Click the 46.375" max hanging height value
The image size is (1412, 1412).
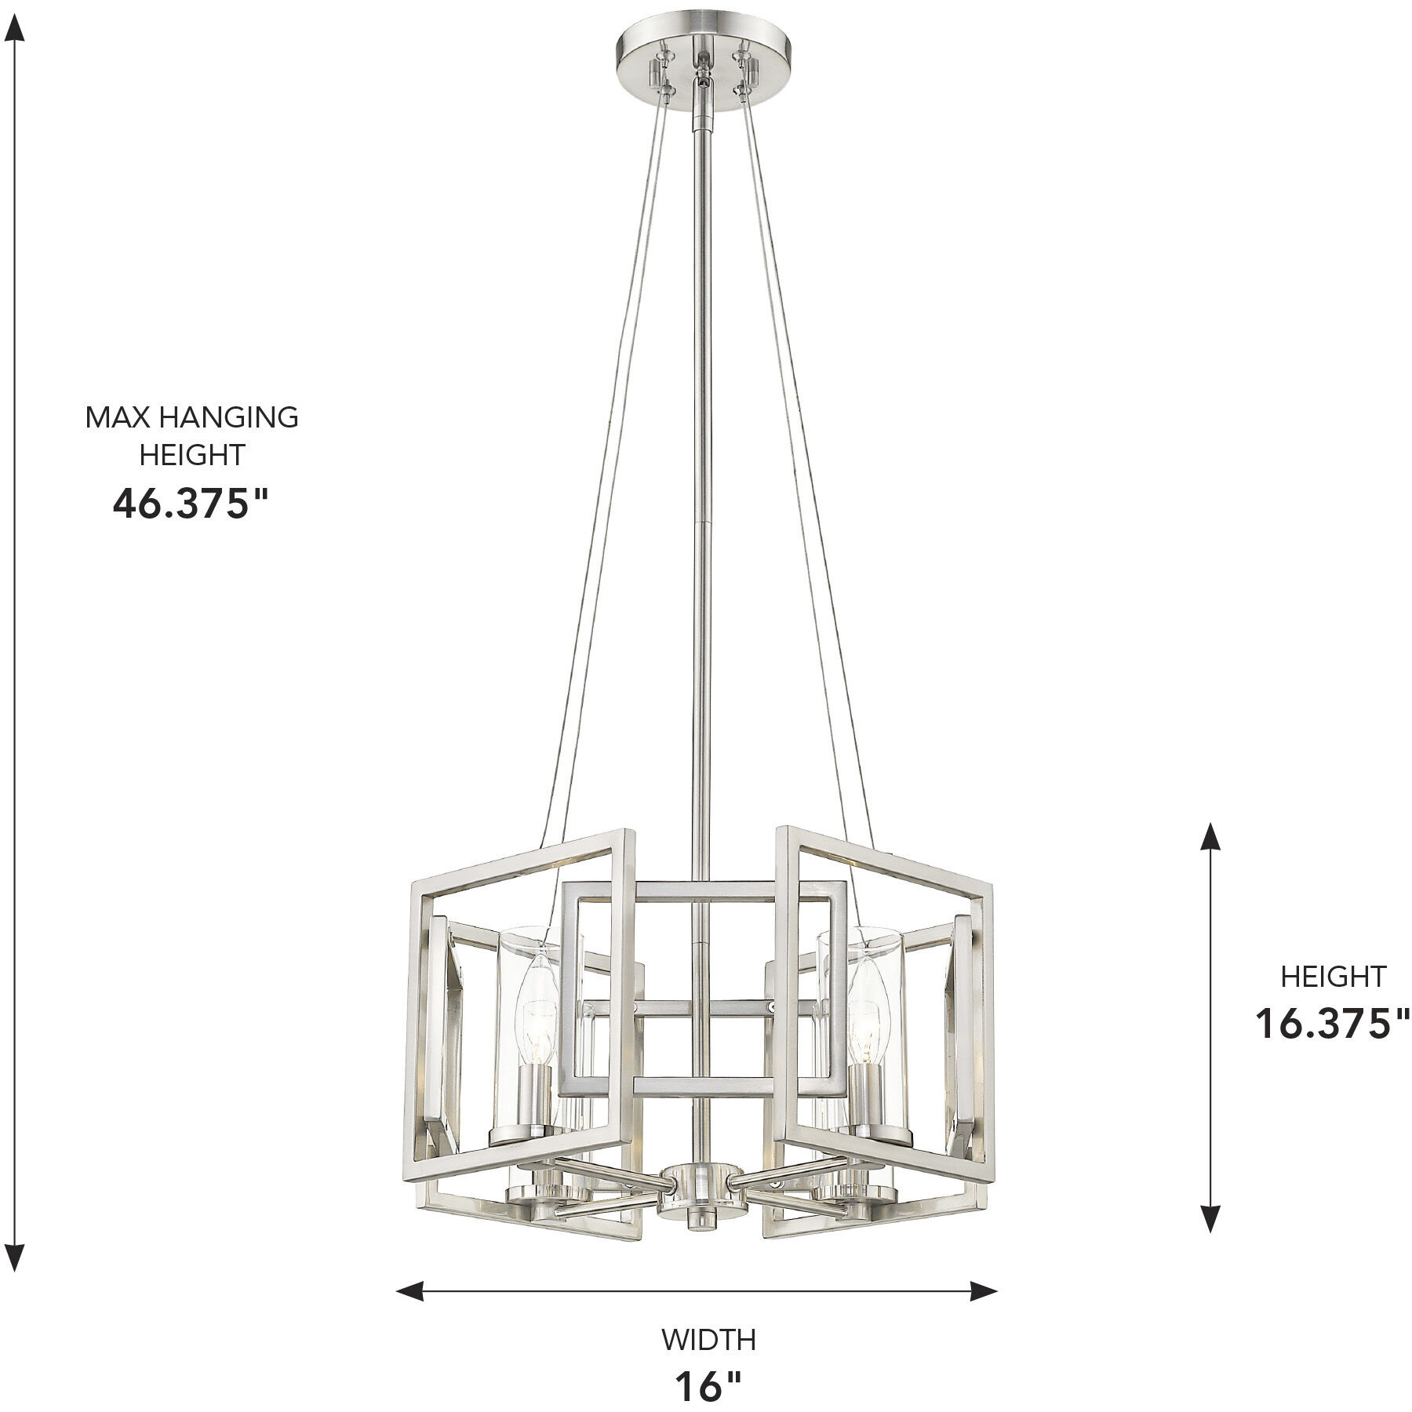(191, 504)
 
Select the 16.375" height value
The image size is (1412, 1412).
(1333, 1023)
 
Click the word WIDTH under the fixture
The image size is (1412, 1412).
(708, 1340)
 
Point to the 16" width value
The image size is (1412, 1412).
(708, 1387)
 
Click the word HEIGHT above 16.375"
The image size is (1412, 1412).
(1333, 977)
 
